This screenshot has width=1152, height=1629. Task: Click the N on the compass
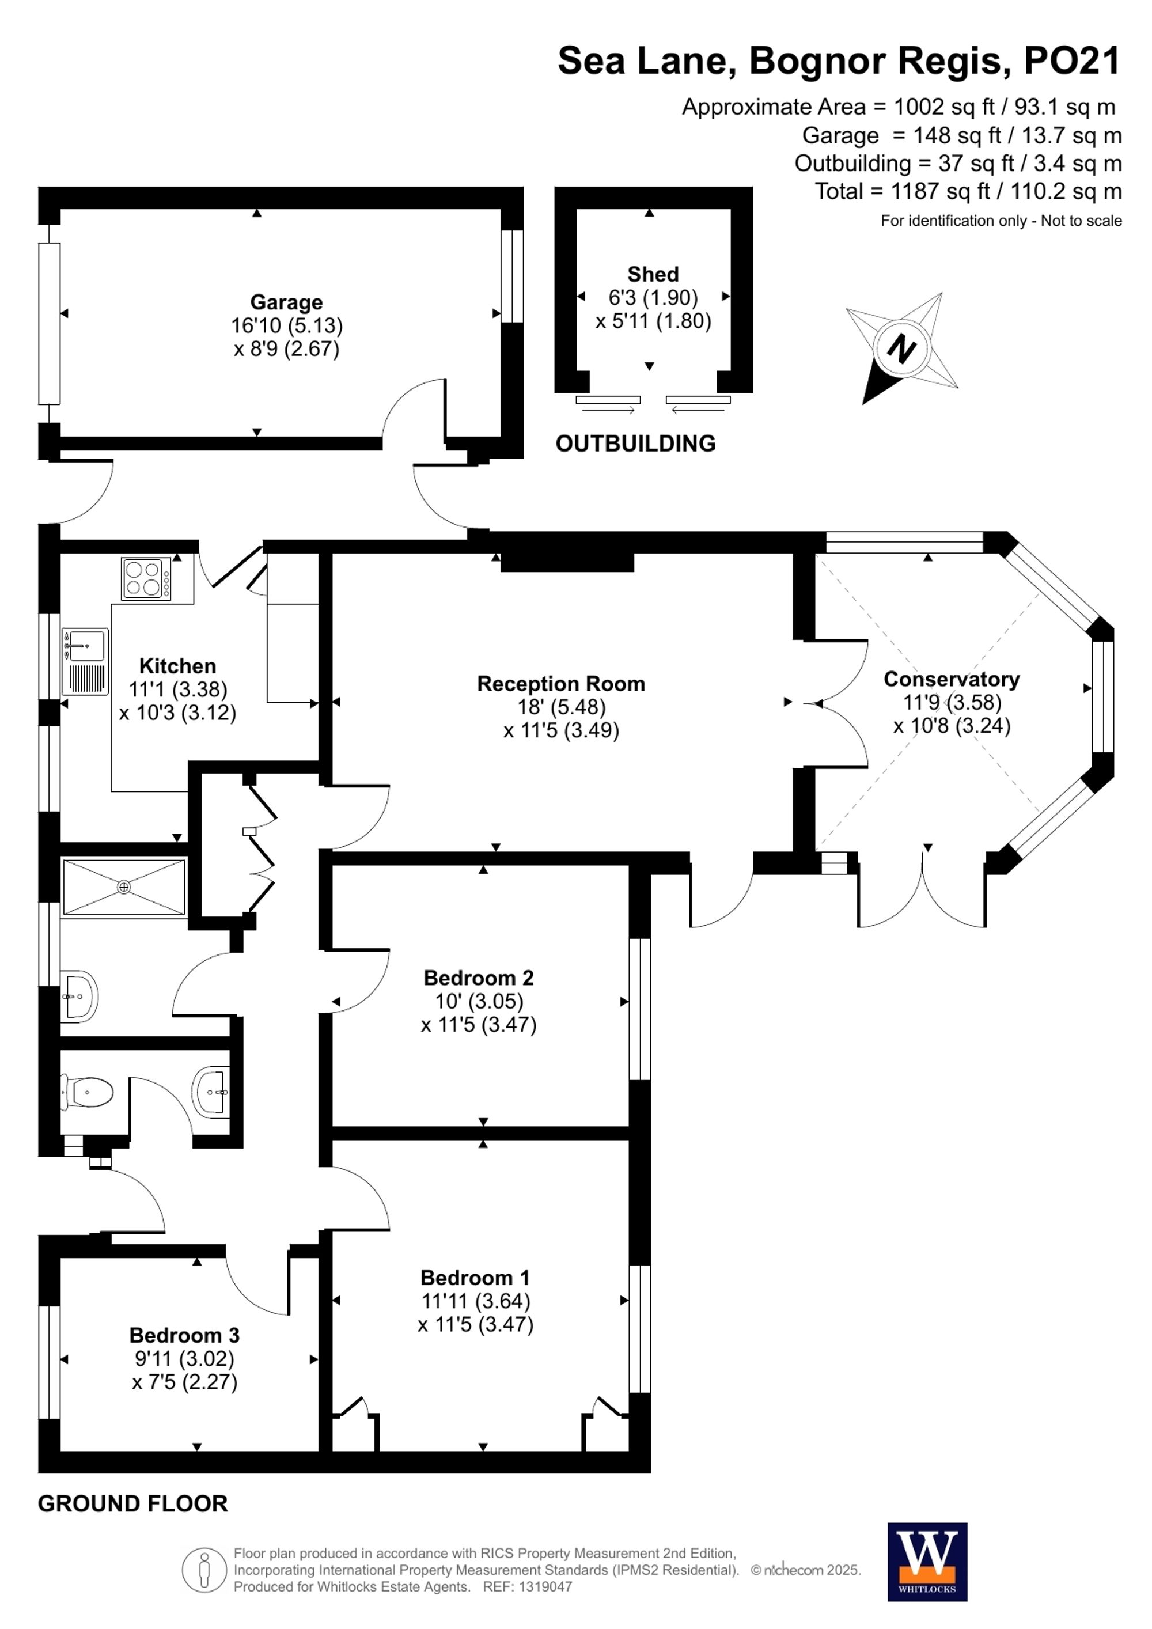901,349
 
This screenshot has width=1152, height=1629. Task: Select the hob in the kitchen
147,579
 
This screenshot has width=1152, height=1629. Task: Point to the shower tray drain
124,887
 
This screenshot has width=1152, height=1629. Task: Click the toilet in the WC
88,1093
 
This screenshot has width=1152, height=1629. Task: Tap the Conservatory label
951,679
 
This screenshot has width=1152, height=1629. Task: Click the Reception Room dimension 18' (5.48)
561,707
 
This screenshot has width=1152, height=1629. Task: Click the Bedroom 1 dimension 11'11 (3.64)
475,1301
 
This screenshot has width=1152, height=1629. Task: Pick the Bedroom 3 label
184,1335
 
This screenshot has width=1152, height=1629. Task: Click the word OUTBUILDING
635,444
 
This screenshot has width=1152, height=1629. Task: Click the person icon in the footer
205,1570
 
